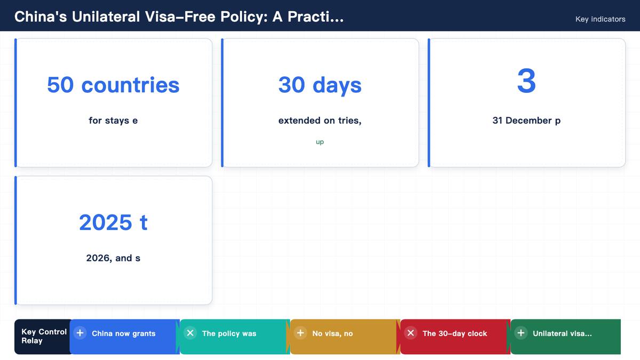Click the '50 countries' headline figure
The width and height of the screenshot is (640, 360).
click(x=113, y=85)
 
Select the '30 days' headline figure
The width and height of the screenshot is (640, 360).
click(x=319, y=85)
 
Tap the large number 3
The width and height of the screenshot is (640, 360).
click(x=526, y=81)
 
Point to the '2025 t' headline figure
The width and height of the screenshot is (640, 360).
click(x=113, y=222)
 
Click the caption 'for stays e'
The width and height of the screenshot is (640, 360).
click(x=113, y=121)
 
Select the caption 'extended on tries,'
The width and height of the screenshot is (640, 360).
click(x=319, y=121)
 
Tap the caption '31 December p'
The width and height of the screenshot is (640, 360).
click(x=526, y=121)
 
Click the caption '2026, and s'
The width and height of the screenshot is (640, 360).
click(x=113, y=258)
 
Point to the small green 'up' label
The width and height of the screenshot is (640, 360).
click(x=319, y=142)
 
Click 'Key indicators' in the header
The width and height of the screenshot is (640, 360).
click(x=601, y=19)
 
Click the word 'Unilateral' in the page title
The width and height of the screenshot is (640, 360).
click(x=106, y=17)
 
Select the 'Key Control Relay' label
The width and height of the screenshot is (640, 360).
click(x=44, y=337)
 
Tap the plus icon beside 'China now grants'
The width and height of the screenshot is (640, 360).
click(x=80, y=333)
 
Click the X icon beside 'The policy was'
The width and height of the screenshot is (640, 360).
click(x=190, y=333)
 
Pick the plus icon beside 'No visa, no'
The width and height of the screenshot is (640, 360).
click(x=301, y=333)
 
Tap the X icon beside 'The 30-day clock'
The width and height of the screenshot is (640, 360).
click(x=411, y=333)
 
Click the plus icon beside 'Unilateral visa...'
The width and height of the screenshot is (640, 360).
click(x=521, y=333)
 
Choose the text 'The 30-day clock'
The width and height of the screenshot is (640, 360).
click(x=454, y=333)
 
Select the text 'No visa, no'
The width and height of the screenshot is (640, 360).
click(x=333, y=333)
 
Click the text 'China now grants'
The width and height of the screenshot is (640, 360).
click(x=123, y=333)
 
